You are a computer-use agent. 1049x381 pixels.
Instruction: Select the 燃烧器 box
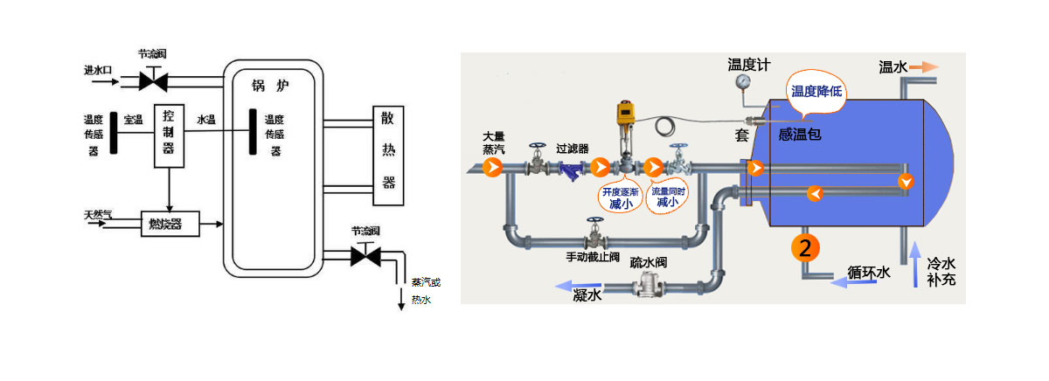click(x=169, y=224)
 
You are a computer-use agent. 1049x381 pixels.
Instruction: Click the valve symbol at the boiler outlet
click(x=365, y=256)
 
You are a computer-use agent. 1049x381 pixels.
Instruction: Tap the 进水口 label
click(x=99, y=69)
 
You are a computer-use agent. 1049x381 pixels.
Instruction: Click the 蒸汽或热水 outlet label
click(x=426, y=290)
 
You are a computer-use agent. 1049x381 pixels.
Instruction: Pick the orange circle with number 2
click(x=806, y=248)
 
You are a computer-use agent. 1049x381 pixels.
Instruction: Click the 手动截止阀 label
click(x=592, y=259)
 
